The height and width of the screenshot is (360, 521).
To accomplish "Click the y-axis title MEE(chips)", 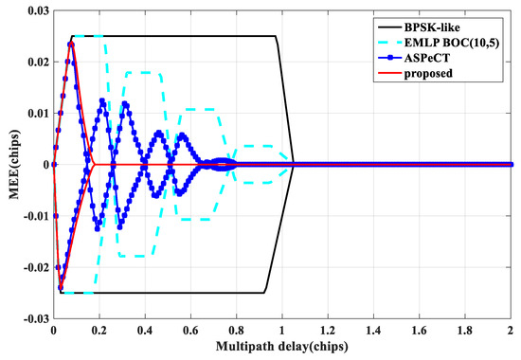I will [x=9, y=165].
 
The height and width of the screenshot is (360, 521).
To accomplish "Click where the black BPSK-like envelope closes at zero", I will [x=294, y=164].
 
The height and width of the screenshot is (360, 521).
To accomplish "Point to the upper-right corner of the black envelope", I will [x=276, y=37].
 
